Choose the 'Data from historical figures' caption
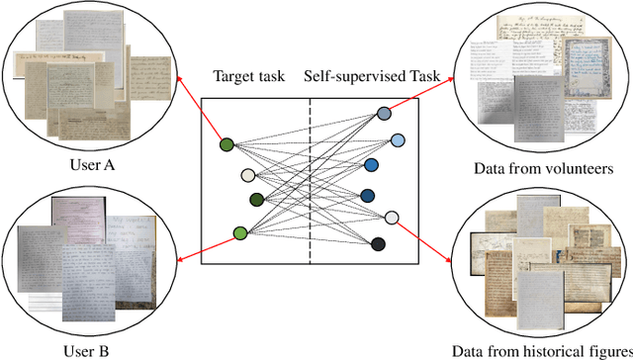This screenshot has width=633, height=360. pos(540,351)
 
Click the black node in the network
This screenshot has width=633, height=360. pos(379,243)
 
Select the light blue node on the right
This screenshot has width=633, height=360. pos(397,140)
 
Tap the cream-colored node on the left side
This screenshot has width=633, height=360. pos(248,176)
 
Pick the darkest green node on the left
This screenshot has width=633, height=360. pos(257,199)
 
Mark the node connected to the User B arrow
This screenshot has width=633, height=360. pos(239,233)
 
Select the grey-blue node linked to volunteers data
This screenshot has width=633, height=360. pos(384,116)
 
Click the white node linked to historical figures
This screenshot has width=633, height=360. pos(392,217)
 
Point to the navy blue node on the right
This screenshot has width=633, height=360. pos(395,195)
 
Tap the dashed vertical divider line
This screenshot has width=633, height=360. pos(310,178)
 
